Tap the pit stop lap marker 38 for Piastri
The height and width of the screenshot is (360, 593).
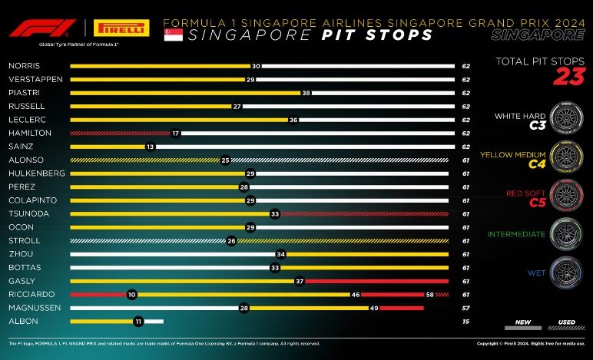306,92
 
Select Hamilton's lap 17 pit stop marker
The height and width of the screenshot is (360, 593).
176,133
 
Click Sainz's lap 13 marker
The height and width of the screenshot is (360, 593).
150,146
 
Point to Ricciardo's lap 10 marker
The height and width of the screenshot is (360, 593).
132,294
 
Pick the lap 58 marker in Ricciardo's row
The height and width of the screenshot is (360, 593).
430,294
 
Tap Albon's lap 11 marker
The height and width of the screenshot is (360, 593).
138,321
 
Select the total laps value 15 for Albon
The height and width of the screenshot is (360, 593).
465,321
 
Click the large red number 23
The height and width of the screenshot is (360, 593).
569,76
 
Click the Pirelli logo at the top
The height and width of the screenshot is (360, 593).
120,28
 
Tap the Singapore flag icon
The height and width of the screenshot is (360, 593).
174,35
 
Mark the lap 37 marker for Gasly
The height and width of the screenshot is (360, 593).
300,281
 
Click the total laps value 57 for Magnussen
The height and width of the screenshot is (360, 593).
465,307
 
